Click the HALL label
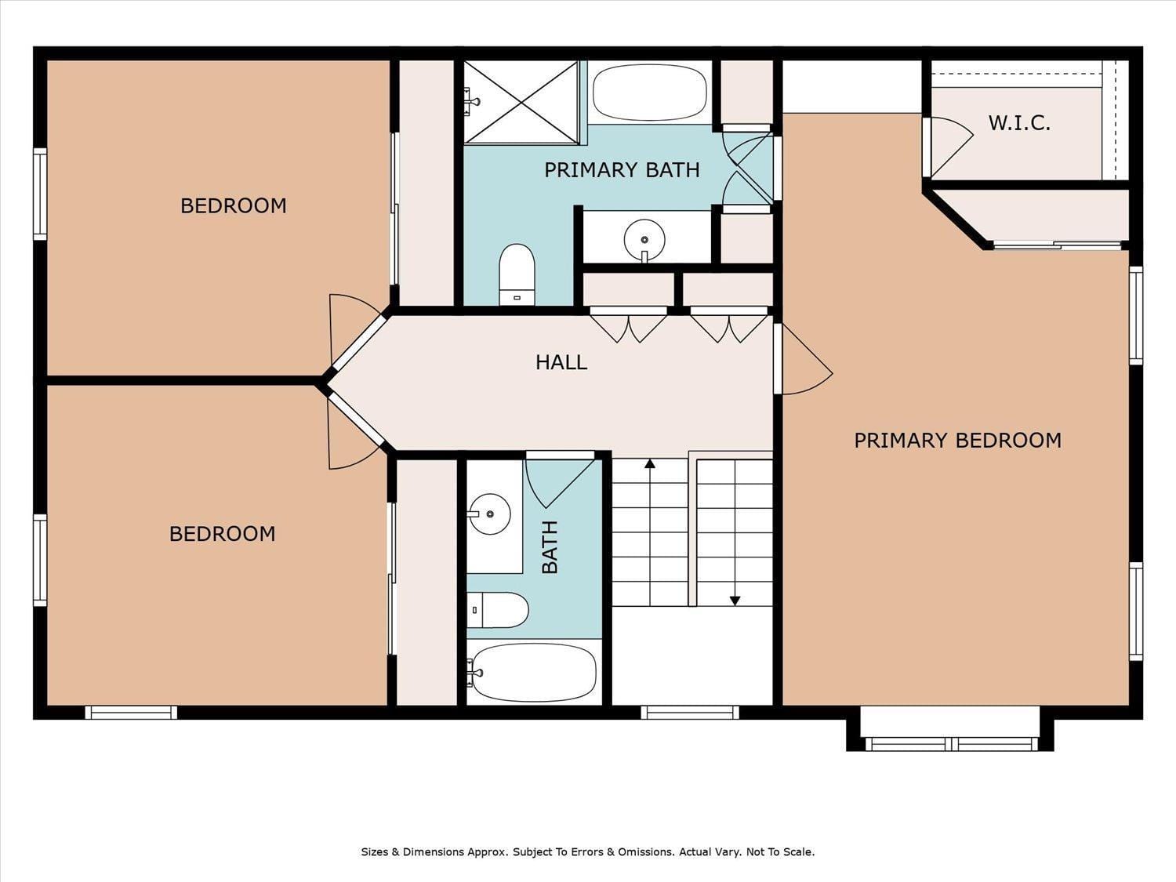(x=561, y=362)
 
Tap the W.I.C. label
(x=1019, y=123)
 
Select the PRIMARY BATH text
(x=622, y=170)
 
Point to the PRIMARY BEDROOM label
(x=957, y=440)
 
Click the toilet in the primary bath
(x=517, y=274)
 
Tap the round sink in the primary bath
(x=644, y=240)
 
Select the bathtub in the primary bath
(x=650, y=93)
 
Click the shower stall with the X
(x=521, y=102)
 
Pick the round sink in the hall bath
(x=488, y=514)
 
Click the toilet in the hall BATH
(x=498, y=610)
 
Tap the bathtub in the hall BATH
(x=534, y=673)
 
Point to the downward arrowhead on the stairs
(x=735, y=601)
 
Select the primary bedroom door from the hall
(x=804, y=359)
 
